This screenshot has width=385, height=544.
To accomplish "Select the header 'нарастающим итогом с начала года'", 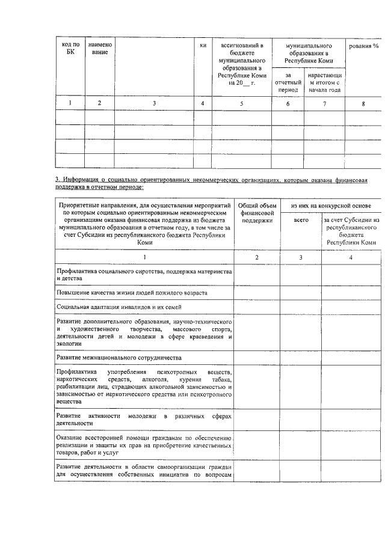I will (325, 83).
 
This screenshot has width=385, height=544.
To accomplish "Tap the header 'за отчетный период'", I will (288, 83).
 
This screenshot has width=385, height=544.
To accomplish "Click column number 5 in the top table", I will (242, 103).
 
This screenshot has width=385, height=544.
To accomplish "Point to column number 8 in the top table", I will (363, 103).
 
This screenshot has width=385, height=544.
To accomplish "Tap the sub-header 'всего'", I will (301, 221).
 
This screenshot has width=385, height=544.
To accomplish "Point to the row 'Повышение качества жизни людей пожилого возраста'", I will (132, 293).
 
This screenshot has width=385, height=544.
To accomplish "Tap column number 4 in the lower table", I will (351, 257).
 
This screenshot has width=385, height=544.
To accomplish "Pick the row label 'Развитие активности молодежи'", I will (144, 420).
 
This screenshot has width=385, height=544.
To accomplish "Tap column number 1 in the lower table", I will (144, 257).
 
